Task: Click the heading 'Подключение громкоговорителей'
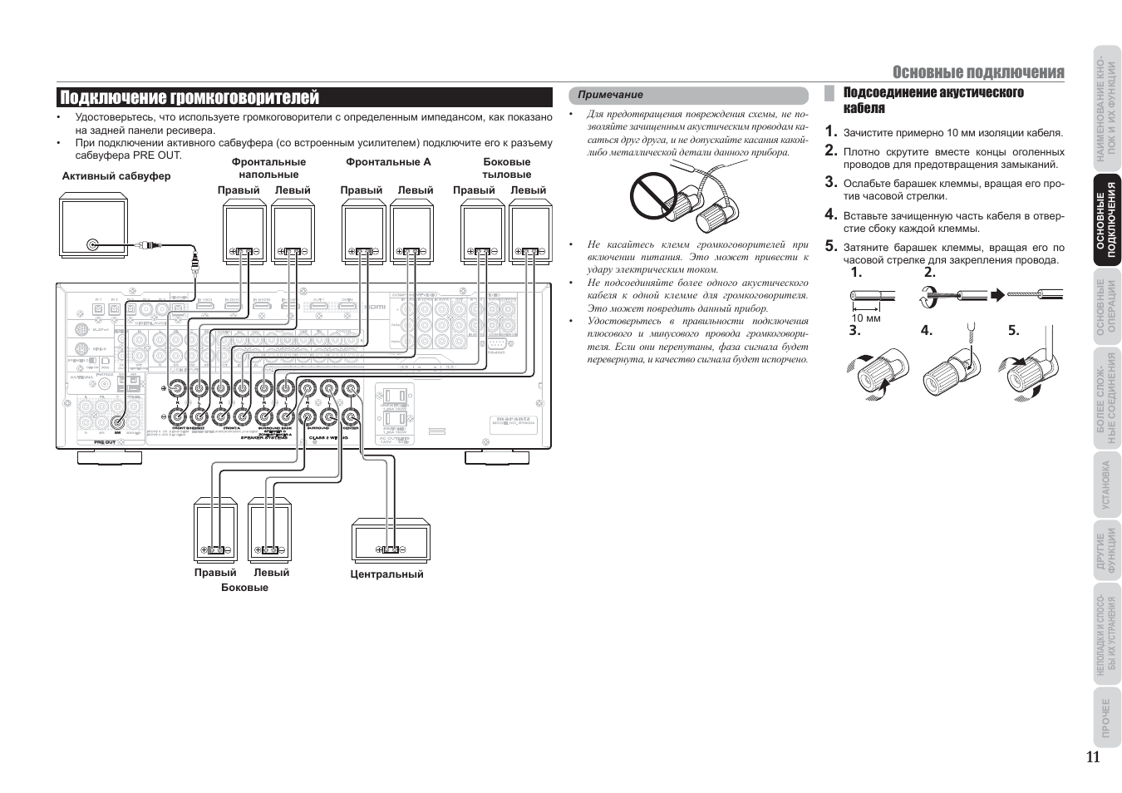click(189, 98)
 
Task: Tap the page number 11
click(1092, 756)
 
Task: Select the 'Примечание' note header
click(611, 95)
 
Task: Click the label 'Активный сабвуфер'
click(116, 176)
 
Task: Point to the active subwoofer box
click(93, 224)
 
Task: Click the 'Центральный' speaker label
click(386, 574)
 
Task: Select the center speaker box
click(390, 540)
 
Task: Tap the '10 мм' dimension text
click(865, 318)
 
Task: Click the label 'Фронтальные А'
click(388, 162)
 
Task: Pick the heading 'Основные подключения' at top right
click(978, 72)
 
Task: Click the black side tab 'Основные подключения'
click(1106, 219)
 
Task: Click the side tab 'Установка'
click(1106, 485)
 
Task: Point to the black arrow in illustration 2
click(997, 294)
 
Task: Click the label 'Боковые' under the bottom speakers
click(244, 588)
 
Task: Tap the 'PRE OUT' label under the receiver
click(106, 443)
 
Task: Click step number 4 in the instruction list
click(831, 214)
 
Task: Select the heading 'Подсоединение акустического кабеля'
click(933, 100)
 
